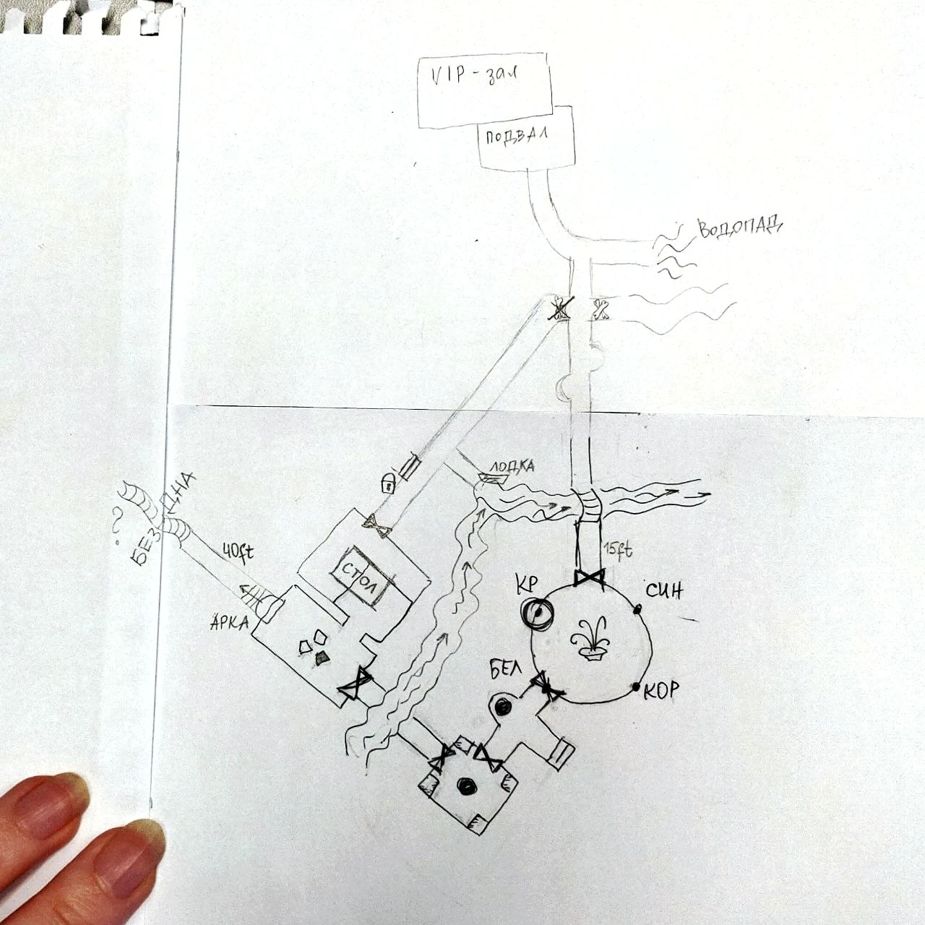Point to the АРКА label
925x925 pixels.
(230, 623)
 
